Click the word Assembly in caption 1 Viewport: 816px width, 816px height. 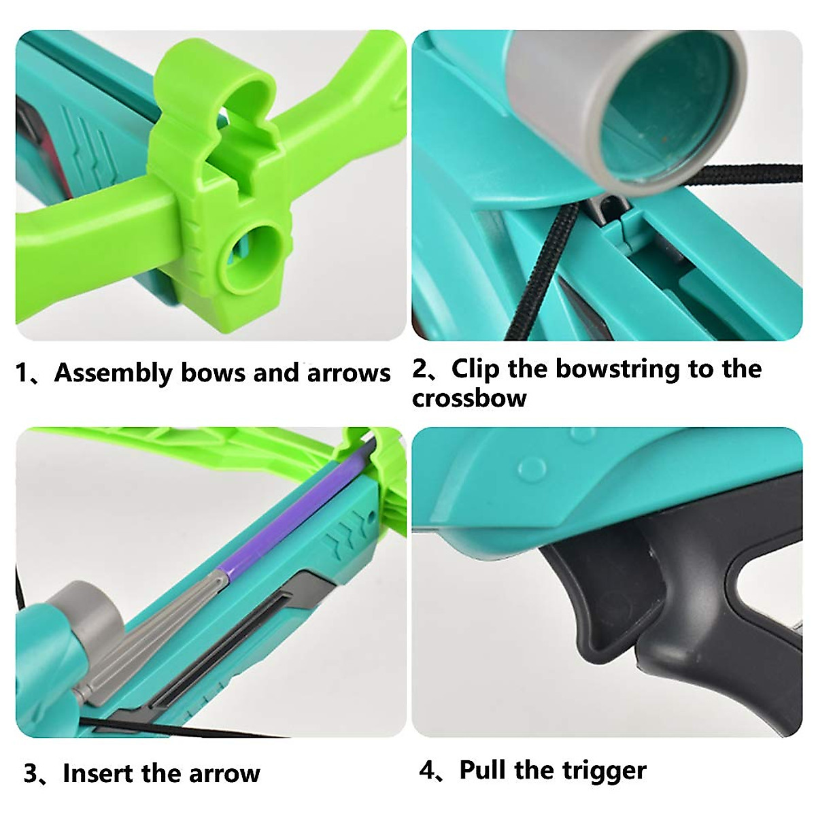(113, 373)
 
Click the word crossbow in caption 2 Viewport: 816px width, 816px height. (469, 398)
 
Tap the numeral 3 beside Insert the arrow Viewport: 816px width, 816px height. (31, 774)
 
